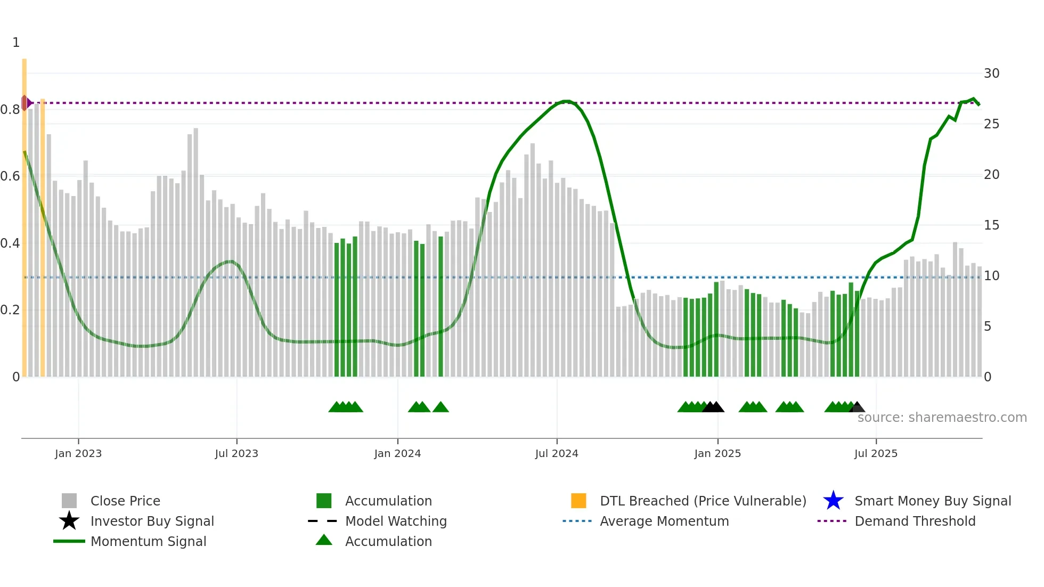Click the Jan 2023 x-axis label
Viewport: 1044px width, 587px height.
pos(78,453)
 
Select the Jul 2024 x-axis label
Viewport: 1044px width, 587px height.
pos(556,453)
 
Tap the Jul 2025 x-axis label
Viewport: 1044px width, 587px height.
pos(876,453)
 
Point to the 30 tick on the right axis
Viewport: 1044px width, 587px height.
pos(991,74)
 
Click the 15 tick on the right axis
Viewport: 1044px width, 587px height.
pos(991,225)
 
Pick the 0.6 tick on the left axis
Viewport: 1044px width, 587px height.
pos(11,176)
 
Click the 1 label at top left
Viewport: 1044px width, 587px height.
pos(16,43)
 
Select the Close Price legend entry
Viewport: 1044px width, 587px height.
pos(125,501)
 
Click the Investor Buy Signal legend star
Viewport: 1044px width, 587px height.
pos(69,521)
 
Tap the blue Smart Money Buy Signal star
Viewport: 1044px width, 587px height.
pos(833,501)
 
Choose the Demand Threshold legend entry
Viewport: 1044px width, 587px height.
pos(915,521)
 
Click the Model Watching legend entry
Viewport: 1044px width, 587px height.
pos(395,521)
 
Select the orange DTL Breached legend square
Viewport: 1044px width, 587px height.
pos(578,501)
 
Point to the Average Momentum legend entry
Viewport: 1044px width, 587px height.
pos(664,521)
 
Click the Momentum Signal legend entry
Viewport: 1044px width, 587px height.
pos(148,541)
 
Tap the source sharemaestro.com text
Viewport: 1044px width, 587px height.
pos(942,418)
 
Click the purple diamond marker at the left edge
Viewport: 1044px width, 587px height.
pos(25,103)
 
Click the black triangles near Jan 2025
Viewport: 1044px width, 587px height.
pos(713,407)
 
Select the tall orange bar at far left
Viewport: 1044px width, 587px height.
pos(25,213)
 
